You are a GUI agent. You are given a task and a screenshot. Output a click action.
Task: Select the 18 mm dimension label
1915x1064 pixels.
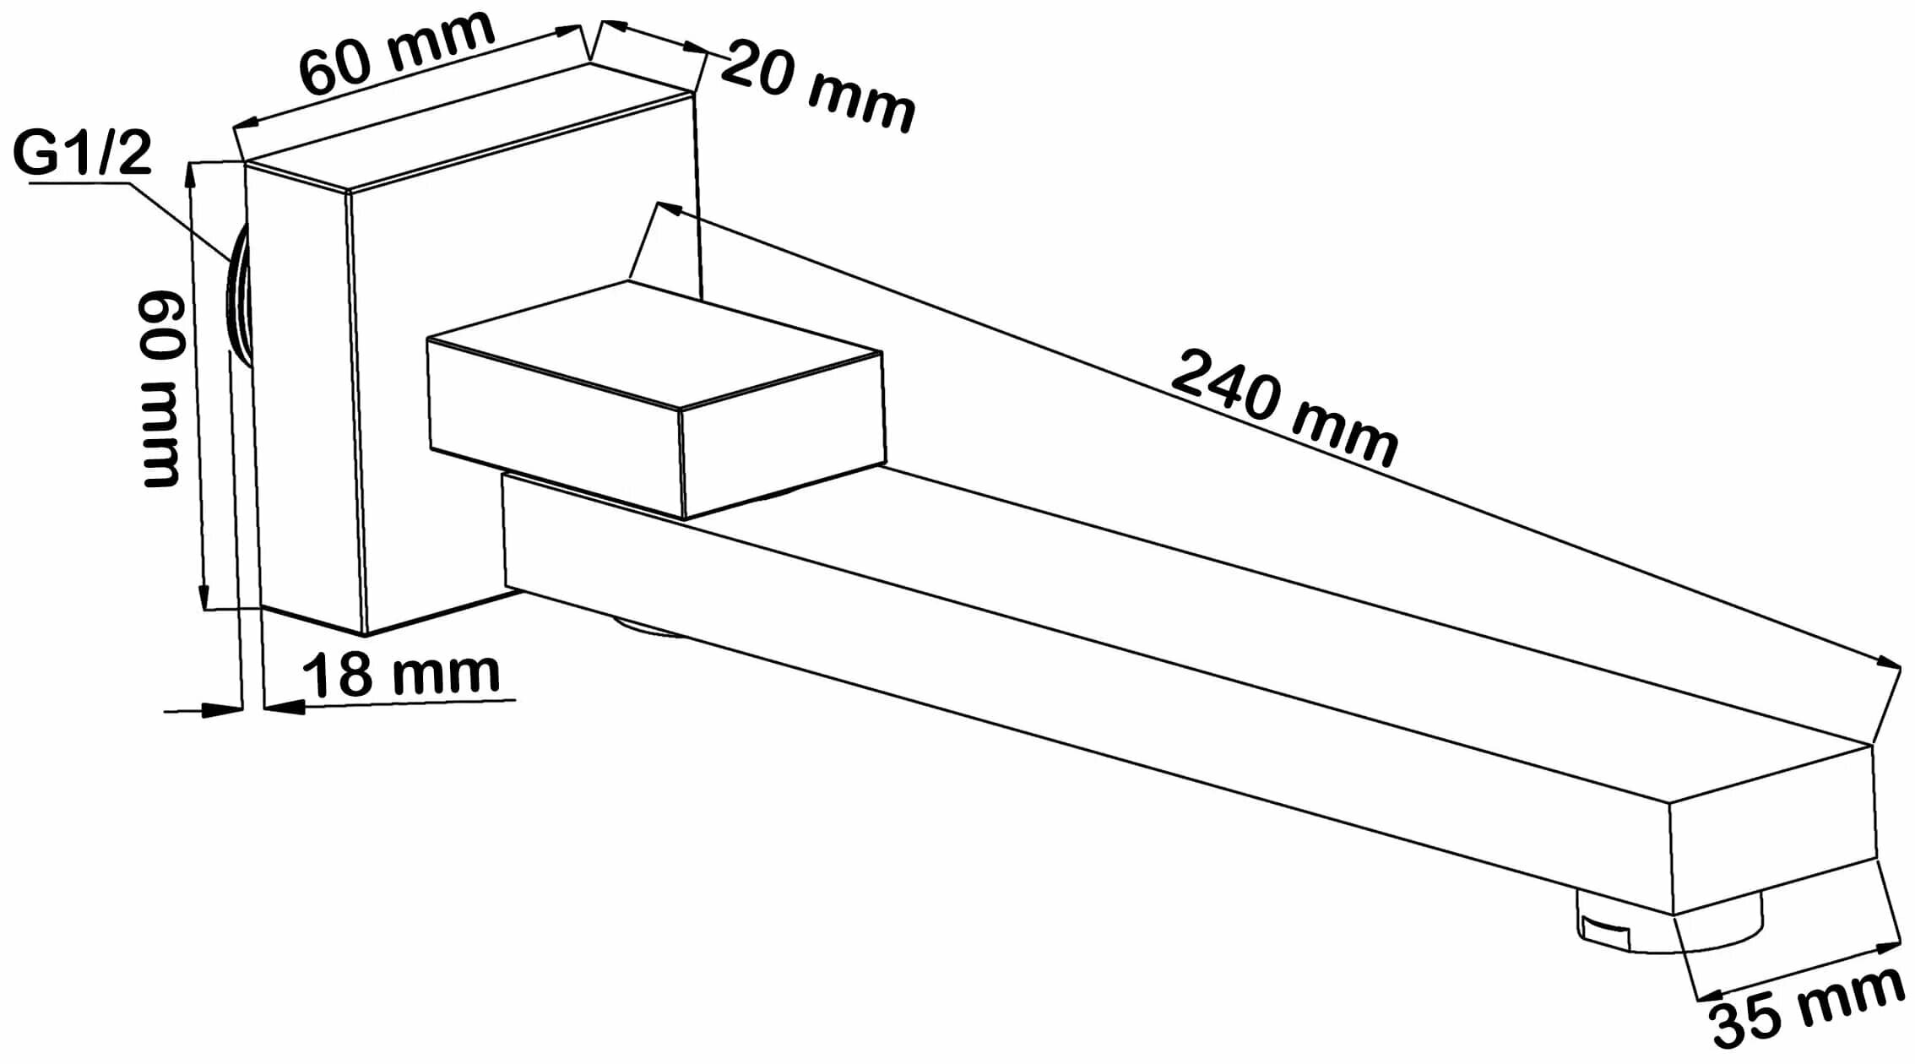coord(401,673)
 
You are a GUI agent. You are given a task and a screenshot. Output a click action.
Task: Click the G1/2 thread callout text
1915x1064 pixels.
coord(82,154)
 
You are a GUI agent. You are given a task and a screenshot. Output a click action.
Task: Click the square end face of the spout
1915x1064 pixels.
coord(1773,832)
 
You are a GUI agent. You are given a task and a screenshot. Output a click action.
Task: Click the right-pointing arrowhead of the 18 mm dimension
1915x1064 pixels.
coord(226,710)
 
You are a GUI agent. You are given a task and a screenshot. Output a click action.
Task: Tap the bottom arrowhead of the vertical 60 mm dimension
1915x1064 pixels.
coord(203,596)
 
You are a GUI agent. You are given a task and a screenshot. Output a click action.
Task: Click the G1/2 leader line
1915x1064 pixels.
coord(169,211)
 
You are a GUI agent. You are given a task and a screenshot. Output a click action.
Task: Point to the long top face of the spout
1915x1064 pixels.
coord(1267,616)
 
